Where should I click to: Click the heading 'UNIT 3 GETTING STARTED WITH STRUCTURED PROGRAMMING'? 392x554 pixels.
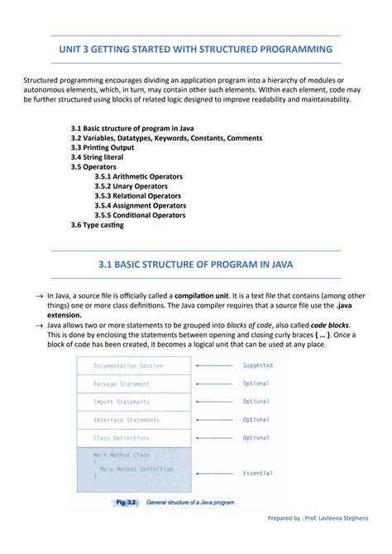click(x=196, y=50)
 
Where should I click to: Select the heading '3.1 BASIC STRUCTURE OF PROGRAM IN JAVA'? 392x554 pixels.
click(x=196, y=265)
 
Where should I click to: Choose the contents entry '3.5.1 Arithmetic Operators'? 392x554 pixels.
click(x=138, y=176)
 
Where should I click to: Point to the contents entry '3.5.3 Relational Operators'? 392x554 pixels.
click(x=138, y=196)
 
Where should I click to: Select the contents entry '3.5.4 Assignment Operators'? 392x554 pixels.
click(x=140, y=205)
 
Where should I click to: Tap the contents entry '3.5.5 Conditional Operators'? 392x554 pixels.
click(x=140, y=215)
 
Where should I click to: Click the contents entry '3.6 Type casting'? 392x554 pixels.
click(x=98, y=225)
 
